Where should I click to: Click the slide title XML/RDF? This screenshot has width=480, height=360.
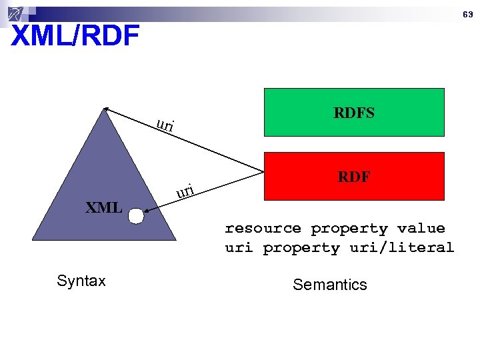click(75, 36)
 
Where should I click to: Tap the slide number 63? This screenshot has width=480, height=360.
click(468, 14)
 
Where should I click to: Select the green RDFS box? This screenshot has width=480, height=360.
click(354, 112)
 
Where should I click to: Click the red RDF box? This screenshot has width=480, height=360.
click(354, 176)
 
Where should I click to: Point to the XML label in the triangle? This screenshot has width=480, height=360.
click(103, 207)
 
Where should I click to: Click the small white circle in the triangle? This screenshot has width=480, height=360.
click(136, 216)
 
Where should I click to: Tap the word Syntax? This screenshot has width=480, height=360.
click(81, 281)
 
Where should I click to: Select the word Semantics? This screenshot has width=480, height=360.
click(329, 285)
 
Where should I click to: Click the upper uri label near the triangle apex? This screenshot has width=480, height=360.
click(165, 125)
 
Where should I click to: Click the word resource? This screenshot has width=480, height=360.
click(263, 229)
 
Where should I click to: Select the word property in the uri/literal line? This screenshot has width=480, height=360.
click(301, 248)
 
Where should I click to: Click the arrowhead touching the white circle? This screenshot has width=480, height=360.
click(147, 213)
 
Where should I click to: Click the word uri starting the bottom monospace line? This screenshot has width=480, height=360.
click(239, 248)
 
